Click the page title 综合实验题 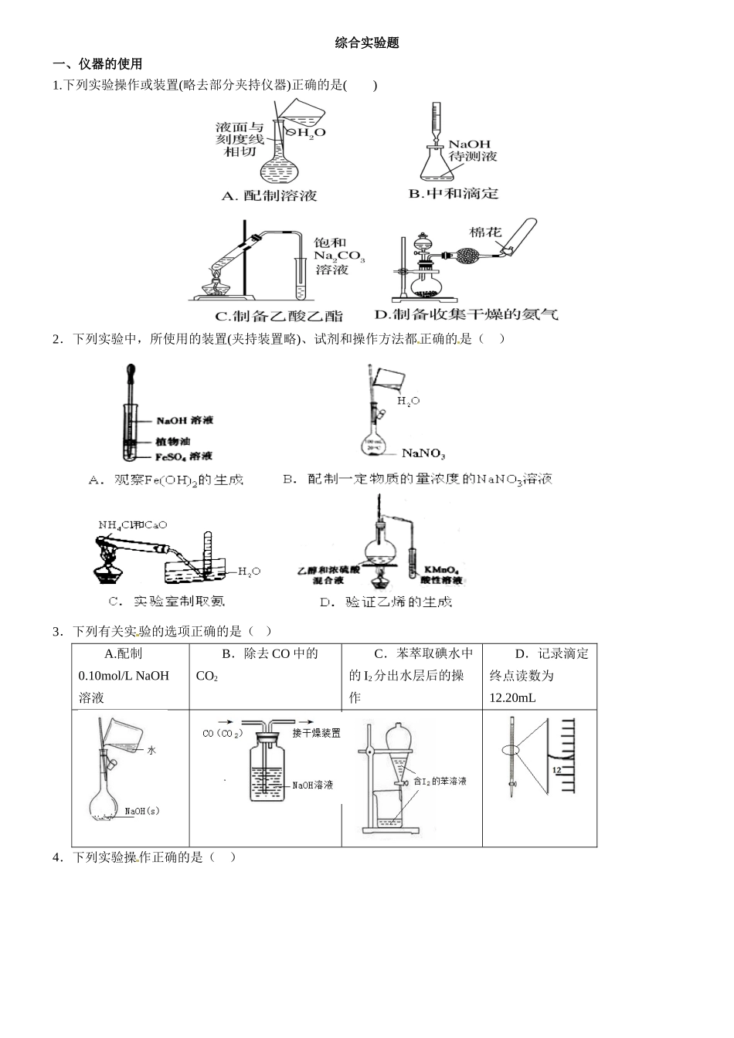tap(367, 43)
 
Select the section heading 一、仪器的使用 tap(97, 64)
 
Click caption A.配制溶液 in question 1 tap(269, 196)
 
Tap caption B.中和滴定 tap(454, 194)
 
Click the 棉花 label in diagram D tap(485, 232)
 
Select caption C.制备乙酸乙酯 tap(278, 316)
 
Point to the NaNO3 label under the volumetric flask tap(423, 454)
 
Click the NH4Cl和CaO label tap(132, 525)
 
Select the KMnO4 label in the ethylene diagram tap(441, 569)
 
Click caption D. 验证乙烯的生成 tap(386, 602)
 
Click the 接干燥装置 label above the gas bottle tap(316, 733)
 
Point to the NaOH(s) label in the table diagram tap(141, 811)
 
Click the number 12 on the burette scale tap(557, 770)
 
